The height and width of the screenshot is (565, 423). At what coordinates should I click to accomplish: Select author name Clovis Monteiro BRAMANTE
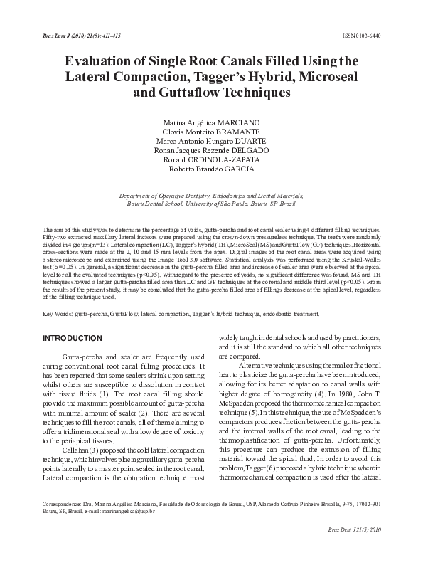(211, 132)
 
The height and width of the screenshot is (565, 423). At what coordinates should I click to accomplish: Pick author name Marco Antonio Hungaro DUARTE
(211, 141)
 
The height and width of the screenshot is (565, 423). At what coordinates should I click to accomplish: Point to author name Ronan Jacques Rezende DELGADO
(211, 150)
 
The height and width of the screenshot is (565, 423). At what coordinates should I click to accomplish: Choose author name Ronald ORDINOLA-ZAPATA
(211, 159)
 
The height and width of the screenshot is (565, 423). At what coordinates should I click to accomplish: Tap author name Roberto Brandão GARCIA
(211, 169)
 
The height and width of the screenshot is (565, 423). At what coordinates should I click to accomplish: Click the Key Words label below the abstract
(58, 313)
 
